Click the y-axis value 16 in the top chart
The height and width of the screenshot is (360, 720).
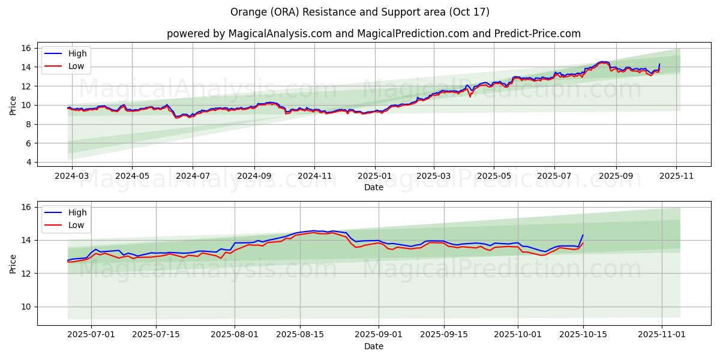25,48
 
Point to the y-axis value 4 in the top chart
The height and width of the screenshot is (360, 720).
28,162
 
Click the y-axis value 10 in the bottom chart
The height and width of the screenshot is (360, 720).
25,307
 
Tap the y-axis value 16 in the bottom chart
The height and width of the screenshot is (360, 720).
25,207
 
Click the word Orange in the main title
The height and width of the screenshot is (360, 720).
247,12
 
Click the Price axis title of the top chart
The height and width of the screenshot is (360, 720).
13,105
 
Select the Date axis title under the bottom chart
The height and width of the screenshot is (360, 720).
373,346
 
